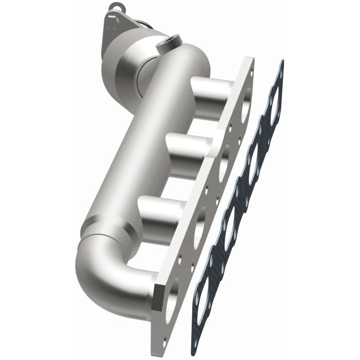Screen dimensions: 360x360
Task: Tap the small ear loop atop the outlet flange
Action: [118, 7]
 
